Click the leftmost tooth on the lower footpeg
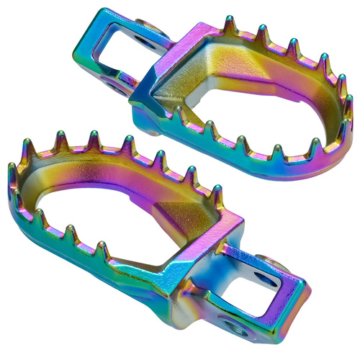click(x=13, y=170)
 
